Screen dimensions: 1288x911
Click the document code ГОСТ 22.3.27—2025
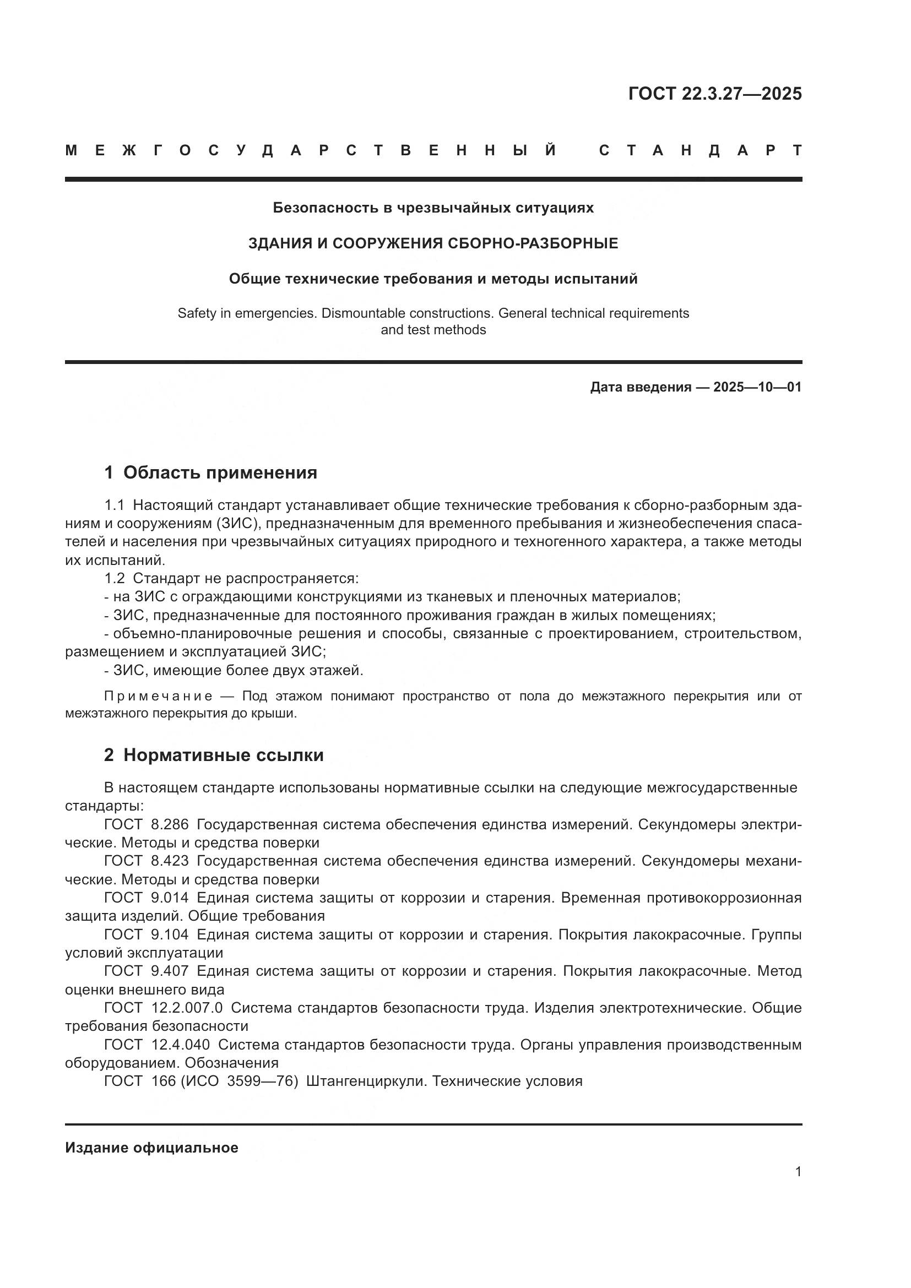(715, 94)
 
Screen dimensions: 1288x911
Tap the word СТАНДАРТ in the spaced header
(700, 150)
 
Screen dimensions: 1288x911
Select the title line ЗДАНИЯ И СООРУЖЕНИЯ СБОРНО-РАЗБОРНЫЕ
(433, 243)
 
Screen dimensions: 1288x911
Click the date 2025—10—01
(757, 387)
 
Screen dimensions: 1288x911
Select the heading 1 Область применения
(211, 473)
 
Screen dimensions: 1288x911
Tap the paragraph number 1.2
(115, 578)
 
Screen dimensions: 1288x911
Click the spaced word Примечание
(159, 696)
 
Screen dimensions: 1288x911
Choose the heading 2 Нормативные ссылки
(214, 756)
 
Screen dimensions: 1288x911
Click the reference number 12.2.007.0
(187, 1008)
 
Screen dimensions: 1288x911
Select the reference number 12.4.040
(181, 1045)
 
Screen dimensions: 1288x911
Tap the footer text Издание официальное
(151, 1148)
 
